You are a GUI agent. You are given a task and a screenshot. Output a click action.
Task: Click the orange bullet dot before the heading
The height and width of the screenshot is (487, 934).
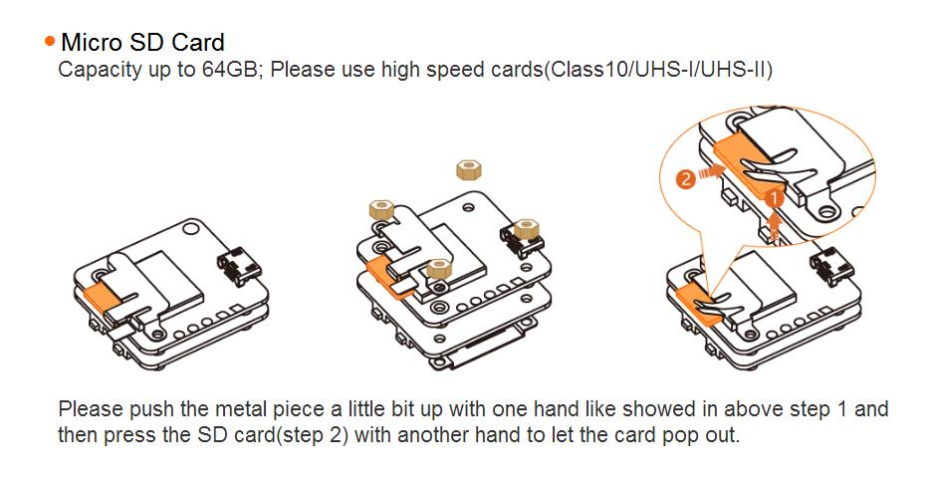click(x=49, y=41)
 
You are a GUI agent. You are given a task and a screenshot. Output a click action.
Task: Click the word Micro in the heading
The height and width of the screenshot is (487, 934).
click(x=89, y=42)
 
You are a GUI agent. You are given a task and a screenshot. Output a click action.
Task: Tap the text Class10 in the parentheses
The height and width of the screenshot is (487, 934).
click(x=584, y=71)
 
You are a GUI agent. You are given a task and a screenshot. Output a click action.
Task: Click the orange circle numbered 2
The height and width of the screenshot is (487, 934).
click(x=686, y=179)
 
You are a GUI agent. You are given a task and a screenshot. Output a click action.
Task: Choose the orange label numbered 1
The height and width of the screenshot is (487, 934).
click(x=776, y=197)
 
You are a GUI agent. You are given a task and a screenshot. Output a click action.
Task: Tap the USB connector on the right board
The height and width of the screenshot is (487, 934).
click(x=829, y=267)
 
